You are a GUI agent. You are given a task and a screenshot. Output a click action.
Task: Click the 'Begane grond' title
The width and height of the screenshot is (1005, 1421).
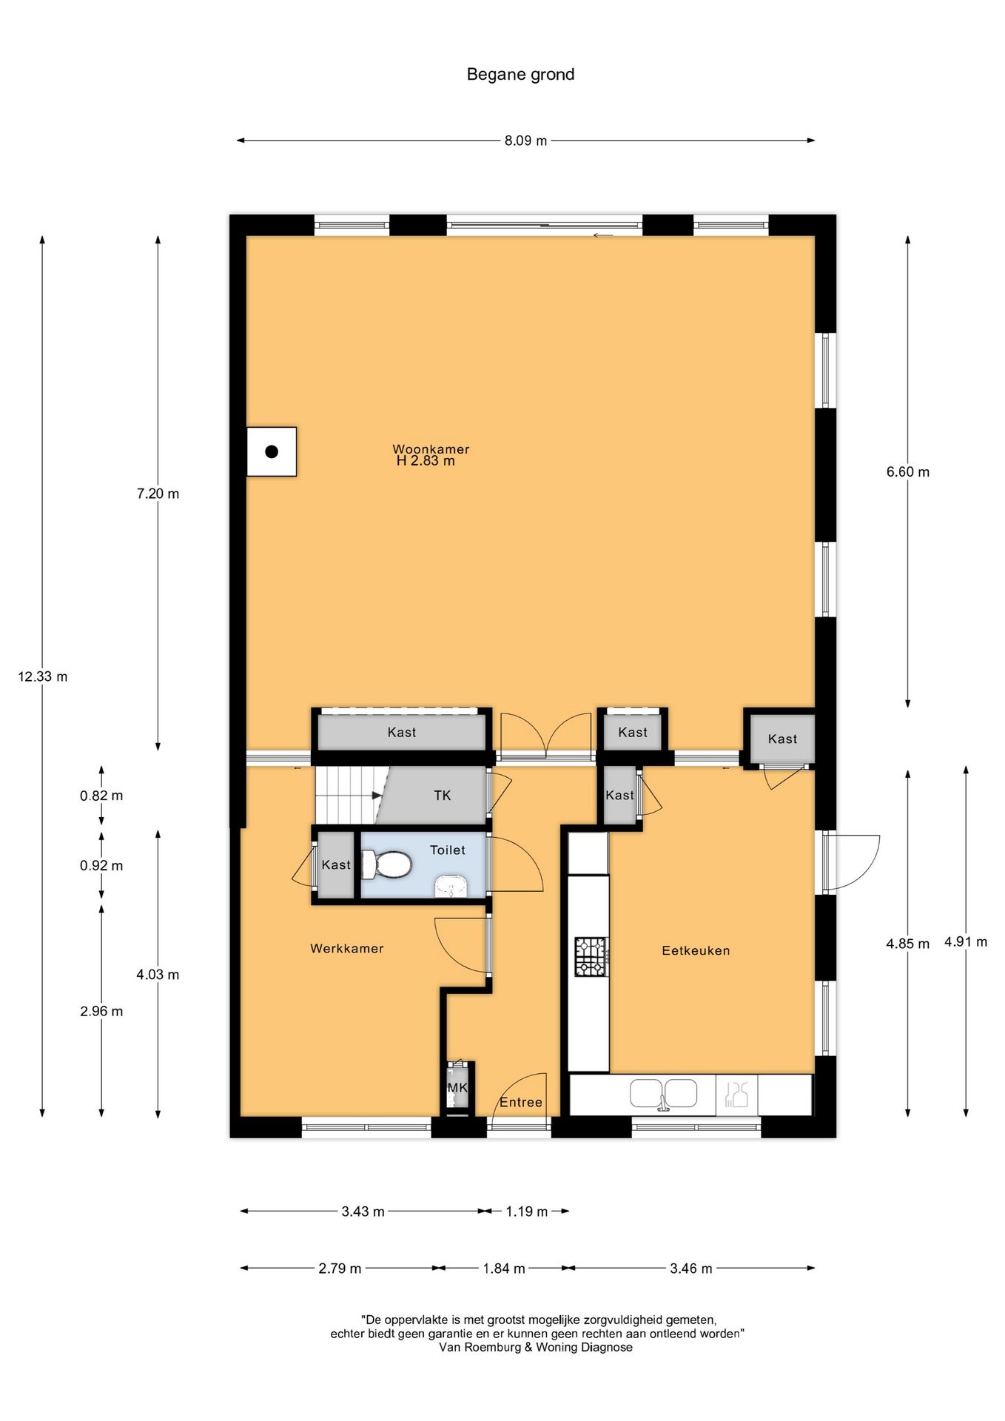520,74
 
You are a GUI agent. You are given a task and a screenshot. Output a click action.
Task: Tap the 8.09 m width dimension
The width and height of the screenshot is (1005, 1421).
525,141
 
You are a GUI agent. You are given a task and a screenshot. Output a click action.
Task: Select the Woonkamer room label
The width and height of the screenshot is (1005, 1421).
431,449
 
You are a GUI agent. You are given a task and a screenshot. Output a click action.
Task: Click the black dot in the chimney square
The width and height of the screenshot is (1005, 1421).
272,451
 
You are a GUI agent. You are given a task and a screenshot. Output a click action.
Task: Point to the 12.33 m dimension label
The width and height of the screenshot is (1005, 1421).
43,676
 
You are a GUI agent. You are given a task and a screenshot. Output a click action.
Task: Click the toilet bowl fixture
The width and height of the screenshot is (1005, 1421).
389,864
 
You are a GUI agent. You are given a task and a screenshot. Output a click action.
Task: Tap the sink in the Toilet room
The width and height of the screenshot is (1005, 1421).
451,886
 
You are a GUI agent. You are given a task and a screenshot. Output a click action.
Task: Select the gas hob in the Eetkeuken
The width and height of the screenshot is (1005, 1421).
591,957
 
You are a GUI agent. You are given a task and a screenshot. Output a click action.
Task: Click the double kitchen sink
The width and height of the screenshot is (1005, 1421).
663,1094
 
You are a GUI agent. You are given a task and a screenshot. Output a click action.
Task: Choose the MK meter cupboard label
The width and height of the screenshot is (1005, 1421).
457,1088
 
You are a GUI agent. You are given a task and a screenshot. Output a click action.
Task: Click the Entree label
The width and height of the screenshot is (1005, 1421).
521,1102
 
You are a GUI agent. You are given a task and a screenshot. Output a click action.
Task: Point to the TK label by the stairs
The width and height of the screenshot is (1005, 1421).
442,796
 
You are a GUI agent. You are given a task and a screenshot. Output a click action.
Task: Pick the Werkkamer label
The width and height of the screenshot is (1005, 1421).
346,948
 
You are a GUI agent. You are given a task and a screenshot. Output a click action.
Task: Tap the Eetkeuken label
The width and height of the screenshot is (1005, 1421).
696,950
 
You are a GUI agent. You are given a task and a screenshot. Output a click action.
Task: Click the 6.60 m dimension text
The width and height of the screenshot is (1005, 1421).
907,471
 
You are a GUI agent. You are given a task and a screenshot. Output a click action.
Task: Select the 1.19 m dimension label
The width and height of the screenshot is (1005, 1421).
526,1212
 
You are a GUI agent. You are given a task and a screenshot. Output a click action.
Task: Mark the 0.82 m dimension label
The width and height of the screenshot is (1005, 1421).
101,796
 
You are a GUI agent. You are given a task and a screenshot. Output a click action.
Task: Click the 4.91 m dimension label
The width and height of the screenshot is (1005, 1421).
965,942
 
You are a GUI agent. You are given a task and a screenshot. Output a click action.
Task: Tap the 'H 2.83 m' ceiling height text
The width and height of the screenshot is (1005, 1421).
426,461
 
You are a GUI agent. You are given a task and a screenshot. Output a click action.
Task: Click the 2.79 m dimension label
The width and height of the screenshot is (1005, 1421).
340,1269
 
